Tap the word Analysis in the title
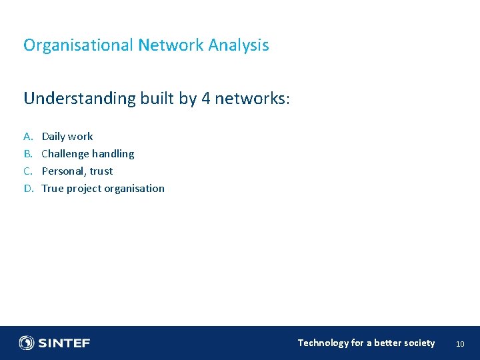click(239, 45)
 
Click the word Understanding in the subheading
click(79, 99)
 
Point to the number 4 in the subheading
click(206, 99)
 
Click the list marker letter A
click(28, 137)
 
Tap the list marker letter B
click(28, 154)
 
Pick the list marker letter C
click(28, 171)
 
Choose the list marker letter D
click(28, 189)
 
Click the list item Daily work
click(67, 137)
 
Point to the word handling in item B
click(113, 154)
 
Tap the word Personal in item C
click(63, 171)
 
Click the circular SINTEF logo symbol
click(27, 343)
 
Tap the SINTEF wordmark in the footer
click(64, 343)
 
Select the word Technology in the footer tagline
click(323, 343)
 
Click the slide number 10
click(460, 344)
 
